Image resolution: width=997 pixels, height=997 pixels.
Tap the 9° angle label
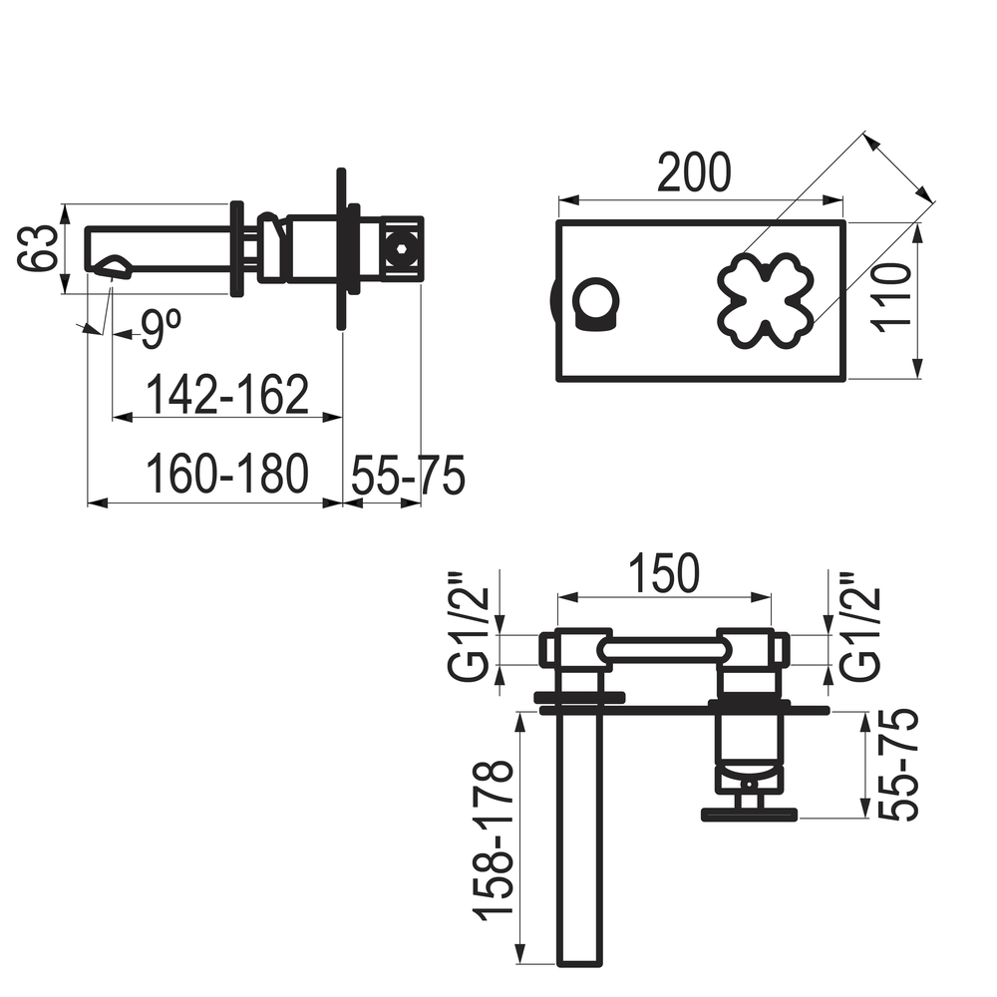[x=161, y=328]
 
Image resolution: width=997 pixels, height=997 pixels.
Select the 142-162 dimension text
[x=227, y=394]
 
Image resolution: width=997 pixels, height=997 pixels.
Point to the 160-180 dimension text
[x=227, y=475]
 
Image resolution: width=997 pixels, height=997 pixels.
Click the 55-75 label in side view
[x=408, y=475]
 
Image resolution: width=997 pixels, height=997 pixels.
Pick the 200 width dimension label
[x=694, y=172]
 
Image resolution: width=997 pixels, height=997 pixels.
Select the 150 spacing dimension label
[x=664, y=573]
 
